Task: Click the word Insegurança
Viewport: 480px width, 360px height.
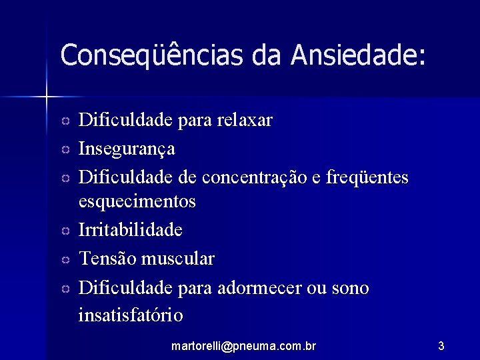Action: (127, 149)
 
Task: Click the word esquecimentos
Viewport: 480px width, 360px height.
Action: (137, 201)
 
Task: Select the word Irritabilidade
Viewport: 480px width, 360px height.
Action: (131, 230)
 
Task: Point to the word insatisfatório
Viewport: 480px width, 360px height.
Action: (131, 314)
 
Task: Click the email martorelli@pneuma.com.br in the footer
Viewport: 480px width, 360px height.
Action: (243, 346)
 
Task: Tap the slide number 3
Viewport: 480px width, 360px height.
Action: (441, 346)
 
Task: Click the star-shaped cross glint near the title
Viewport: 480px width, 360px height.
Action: (47, 97)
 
